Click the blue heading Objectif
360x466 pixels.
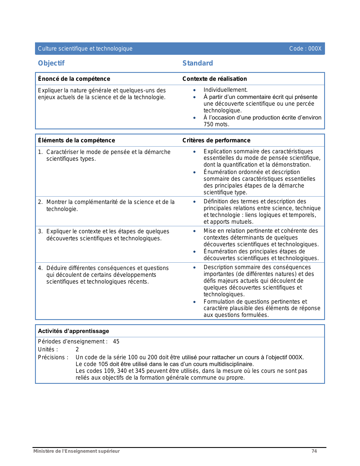click(51, 63)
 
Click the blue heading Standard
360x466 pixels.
click(198, 63)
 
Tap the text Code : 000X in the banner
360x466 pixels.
click(305, 49)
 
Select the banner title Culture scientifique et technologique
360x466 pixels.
click(85, 49)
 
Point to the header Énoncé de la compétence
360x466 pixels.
click(74, 79)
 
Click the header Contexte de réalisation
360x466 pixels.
click(215, 79)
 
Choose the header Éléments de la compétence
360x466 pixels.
click(77, 140)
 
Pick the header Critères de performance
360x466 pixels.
click(216, 140)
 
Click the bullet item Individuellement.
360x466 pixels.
click(225, 90)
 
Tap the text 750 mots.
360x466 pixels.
click(216, 124)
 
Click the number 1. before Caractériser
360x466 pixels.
click(40, 152)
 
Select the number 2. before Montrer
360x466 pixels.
click(40, 202)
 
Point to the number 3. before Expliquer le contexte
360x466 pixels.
click(40, 231)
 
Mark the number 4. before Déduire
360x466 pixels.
click(40, 268)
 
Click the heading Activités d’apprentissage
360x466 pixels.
click(73, 331)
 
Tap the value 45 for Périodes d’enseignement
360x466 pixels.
click(116, 341)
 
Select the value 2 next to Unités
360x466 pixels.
click(77, 349)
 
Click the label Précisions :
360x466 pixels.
click(53, 357)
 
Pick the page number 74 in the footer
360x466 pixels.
click(314, 451)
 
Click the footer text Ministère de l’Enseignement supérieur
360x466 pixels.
click(77, 451)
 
